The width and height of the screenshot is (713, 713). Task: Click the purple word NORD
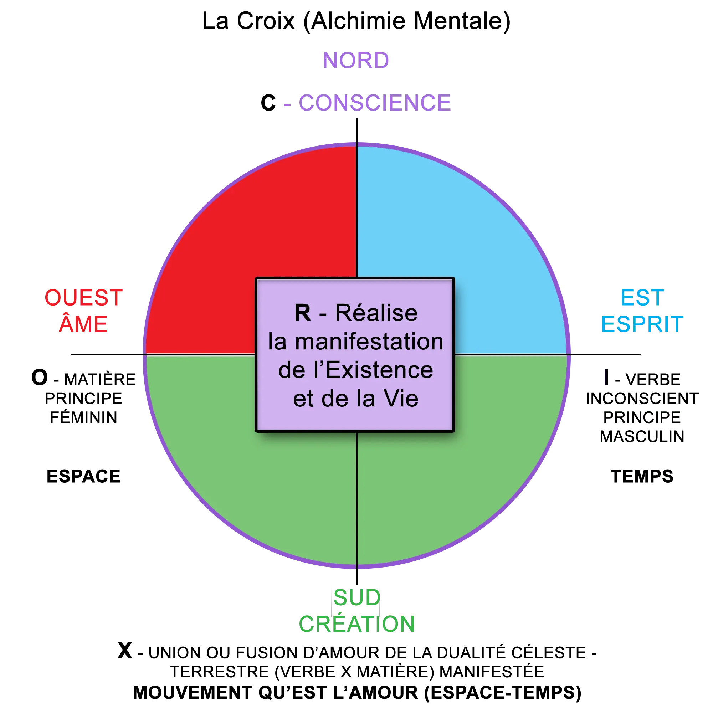356,60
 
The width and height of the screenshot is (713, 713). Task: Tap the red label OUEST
83,298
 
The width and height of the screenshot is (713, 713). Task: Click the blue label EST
642,298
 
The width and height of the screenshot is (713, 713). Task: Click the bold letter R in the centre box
303,313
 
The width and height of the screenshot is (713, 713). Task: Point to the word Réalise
376,313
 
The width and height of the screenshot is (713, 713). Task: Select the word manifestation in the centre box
369,342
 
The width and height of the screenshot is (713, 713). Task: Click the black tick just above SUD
356,576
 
